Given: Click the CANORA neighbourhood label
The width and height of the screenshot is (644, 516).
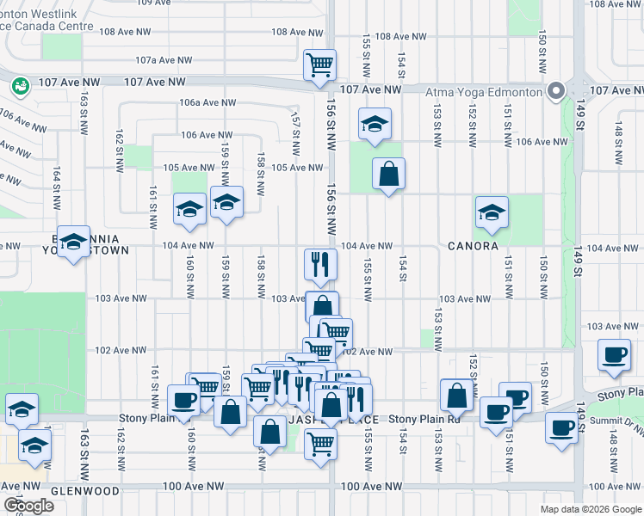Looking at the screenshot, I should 473,246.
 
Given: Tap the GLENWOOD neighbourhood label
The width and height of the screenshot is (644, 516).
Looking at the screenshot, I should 85,490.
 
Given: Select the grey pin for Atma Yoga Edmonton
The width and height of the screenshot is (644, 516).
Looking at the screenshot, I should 557,90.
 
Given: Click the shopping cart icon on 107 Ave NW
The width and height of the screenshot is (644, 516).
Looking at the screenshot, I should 320,64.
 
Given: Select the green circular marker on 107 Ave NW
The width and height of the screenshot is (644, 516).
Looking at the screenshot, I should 20,85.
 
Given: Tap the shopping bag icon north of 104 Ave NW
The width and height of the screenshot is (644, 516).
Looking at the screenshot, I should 389,174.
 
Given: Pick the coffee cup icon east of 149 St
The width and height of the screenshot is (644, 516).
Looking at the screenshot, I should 615,355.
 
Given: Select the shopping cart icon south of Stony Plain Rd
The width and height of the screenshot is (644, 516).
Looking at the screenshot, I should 320,444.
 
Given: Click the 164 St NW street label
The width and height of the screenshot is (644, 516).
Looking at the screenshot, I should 56,189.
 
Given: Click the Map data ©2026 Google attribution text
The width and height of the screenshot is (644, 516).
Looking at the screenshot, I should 590,509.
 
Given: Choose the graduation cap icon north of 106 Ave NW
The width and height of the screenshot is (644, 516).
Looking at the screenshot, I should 375,123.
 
